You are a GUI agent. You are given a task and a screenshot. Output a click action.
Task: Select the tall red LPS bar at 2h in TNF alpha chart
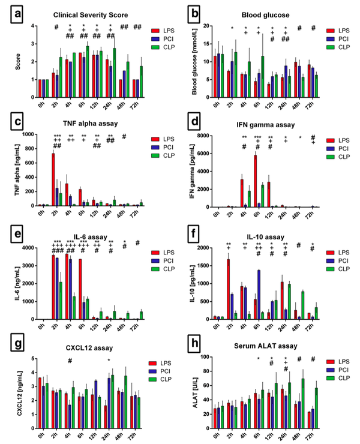(53, 179)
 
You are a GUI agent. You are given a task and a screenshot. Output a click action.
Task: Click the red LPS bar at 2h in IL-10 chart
(229, 289)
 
